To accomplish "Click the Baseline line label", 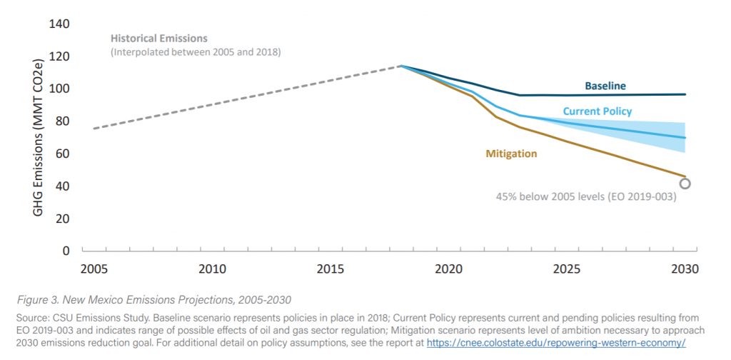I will coord(605,86).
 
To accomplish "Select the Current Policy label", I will coord(597,111).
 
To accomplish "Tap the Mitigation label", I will coord(511,154).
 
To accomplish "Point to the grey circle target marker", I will coord(685,184).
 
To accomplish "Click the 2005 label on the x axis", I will coord(94,270).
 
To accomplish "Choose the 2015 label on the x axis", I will coord(331,270).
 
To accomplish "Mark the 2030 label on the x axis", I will coord(685,270).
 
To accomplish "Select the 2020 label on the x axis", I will coord(448,270).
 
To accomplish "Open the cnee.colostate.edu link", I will coord(556,343).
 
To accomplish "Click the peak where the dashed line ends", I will coord(401,66).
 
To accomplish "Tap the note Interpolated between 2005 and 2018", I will coord(196,52).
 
